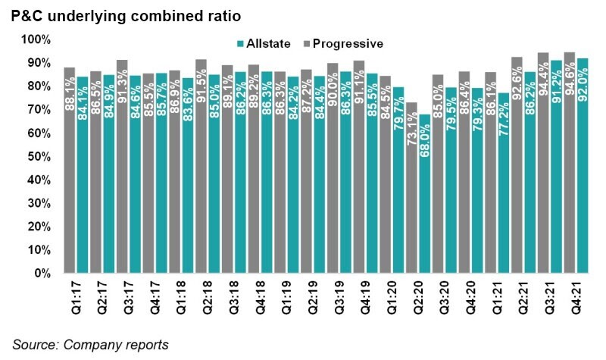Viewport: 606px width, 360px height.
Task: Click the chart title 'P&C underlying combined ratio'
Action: pyautogui.click(x=133, y=16)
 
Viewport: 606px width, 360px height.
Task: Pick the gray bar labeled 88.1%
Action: pyautogui.click(x=70, y=170)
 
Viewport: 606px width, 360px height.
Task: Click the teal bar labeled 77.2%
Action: pyautogui.click(x=504, y=183)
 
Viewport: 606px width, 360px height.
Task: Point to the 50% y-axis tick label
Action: pyautogui.click(x=39, y=156)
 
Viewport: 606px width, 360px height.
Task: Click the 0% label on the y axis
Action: pyautogui.click(x=42, y=273)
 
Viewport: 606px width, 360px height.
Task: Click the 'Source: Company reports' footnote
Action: pyautogui.click(x=90, y=345)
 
